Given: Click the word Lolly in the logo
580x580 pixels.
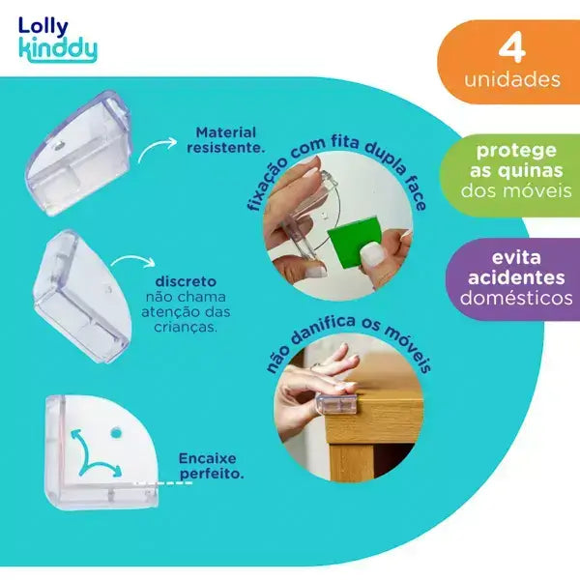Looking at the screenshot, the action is pyautogui.click(x=43, y=27).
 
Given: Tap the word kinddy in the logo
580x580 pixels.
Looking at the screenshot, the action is pyautogui.click(x=58, y=49).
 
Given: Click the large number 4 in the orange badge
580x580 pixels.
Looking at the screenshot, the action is pyautogui.click(x=512, y=47).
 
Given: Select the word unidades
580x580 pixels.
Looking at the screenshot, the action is pyautogui.click(x=512, y=79).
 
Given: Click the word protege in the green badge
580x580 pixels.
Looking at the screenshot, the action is pyautogui.click(x=516, y=151).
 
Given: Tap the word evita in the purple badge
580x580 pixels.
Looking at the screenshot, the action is pyautogui.click(x=516, y=257).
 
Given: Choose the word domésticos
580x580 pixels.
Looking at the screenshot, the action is pyautogui.click(x=516, y=298).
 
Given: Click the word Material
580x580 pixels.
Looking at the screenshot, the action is pyautogui.click(x=226, y=132).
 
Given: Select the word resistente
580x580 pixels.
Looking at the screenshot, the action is pyautogui.click(x=226, y=148).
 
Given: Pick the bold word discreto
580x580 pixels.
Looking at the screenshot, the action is pyautogui.click(x=186, y=281).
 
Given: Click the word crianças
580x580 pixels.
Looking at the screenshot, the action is pyautogui.click(x=186, y=327).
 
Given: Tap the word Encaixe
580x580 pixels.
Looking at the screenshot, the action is pyautogui.click(x=207, y=458).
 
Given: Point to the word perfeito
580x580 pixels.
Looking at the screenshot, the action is pyautogui.click(x=212, y=475).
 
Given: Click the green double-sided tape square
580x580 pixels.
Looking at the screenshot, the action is pyautogui.click(x=354, y=241).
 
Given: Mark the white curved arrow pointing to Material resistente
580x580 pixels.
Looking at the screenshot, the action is pyautogui.click(x=157, y=147).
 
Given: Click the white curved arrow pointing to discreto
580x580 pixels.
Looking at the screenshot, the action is pyautogui.click(x=134, y=259).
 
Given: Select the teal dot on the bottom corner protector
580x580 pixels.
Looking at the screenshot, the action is pyautogui.click(x=116, y=431).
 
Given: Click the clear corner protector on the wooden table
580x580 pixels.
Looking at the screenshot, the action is pyautogui.click(x=337, y=404).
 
